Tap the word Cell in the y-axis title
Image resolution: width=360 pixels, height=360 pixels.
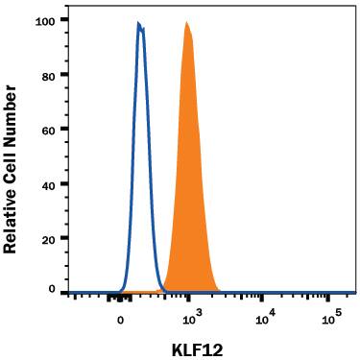click(12, 159)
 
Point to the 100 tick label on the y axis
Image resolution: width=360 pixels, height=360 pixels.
click(44, 20)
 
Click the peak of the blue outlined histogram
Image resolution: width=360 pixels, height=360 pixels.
click(138, 24)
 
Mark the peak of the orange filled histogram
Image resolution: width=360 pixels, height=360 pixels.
click(186, 23)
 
